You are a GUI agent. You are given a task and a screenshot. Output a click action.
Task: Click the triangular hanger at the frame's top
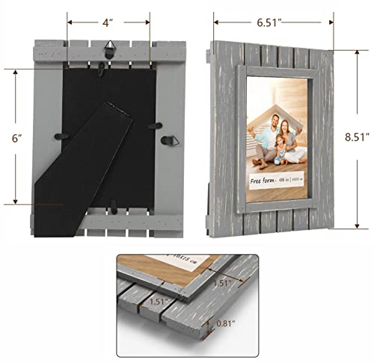[x=109, y=48]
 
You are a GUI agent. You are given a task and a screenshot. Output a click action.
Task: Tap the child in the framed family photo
[x=282, y=153]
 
